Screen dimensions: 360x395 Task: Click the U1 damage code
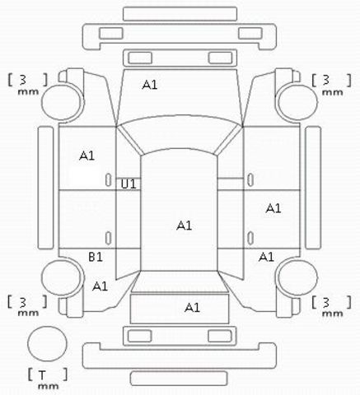129,184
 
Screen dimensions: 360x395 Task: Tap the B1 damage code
96,257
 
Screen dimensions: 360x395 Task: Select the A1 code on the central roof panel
184,225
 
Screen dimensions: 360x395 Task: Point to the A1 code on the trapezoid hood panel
150,85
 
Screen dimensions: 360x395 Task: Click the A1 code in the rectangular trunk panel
192,308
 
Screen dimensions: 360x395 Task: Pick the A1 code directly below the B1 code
100,286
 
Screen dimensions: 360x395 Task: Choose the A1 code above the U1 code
86,156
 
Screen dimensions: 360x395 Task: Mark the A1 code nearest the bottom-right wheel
266,257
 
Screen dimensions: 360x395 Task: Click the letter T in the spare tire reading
42,375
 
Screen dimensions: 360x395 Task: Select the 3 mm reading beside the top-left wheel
27,84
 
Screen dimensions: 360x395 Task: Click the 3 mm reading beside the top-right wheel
331,84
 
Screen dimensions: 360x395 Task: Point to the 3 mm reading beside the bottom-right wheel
331,306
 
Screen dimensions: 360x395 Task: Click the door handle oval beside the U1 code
109,180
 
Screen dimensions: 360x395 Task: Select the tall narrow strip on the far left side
45,188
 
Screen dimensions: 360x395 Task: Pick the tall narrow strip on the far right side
313,188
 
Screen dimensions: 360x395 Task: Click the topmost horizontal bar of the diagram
180,14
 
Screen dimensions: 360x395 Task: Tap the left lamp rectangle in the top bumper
111,33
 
